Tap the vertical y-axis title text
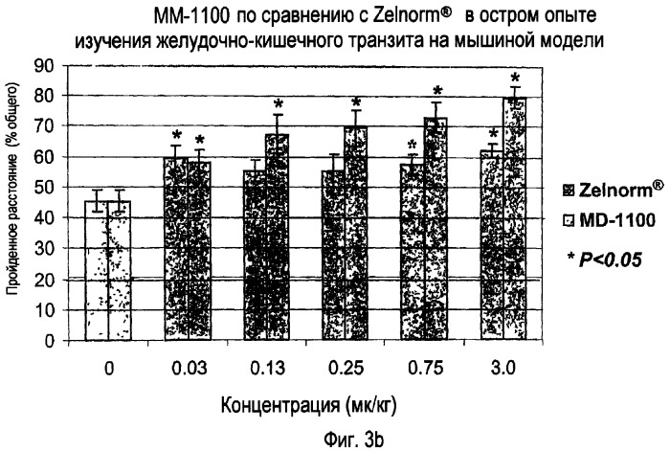click(16, 202)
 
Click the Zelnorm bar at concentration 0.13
click(253, 255)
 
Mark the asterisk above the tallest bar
click(515, 79)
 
